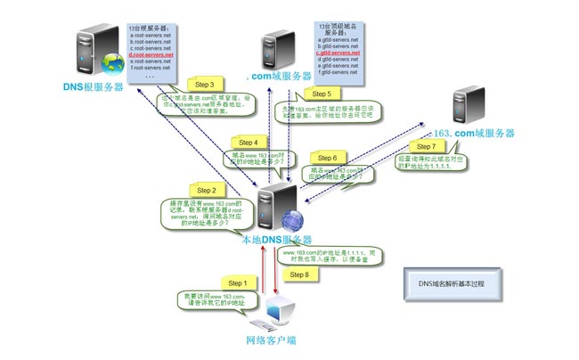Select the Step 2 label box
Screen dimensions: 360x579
coord(207,191)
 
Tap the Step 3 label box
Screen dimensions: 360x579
coord(210,85)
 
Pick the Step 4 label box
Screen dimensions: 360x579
coord(249,142)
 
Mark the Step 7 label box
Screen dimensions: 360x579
coord(426,146)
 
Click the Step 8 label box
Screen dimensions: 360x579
coord(300,274)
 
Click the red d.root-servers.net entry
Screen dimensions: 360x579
coord(151,54)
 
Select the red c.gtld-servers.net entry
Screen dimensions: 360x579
coord(338,53)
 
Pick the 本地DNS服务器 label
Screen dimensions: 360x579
coord(276,240)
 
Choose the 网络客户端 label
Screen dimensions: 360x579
coord(271,340)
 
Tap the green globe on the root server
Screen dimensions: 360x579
coord(113,63)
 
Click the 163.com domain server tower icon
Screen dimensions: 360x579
coord(464,104)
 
